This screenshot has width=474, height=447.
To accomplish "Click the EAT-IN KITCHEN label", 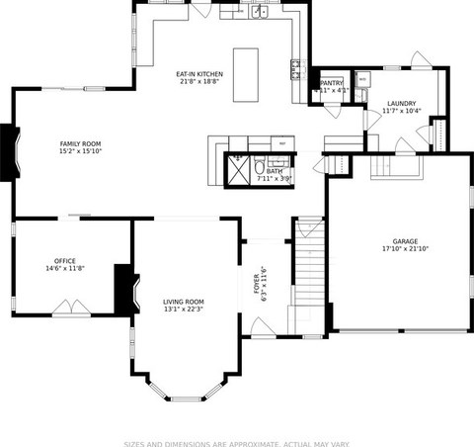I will coord(199,74).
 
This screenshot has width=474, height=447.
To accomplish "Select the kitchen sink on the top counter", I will coord(257,13).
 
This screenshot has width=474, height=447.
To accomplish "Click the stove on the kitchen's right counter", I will coord(294,68).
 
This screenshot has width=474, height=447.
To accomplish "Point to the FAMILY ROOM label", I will coord(80,144).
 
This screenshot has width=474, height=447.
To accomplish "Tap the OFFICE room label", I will coord(65,261).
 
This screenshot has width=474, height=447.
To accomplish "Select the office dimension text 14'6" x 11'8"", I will coord(65,269).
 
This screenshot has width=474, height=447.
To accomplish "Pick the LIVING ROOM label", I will coord(183,301).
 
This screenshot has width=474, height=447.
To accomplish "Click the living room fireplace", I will coord(123,289).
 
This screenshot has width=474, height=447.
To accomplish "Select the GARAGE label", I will coord(405,241).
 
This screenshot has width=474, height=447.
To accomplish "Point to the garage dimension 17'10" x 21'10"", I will coord(405,249).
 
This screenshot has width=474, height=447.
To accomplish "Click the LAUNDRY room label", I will coord(401,103).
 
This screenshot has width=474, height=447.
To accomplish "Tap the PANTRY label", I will coord(331,83).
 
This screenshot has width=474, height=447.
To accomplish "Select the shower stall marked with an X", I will coord(238,170).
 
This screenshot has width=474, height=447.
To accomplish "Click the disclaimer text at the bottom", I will coord(237,442).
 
